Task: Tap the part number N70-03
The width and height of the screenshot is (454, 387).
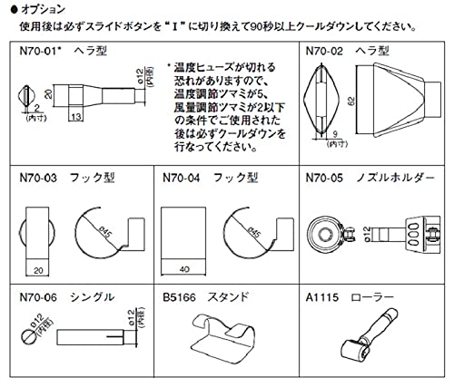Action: pos(39,179)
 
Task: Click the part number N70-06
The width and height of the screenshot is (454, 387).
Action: pos(39,295)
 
